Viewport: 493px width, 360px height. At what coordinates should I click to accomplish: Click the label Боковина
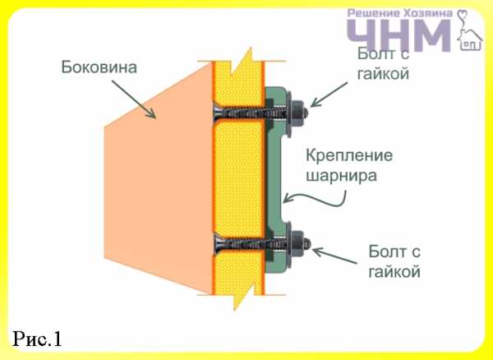[x=99, y=67]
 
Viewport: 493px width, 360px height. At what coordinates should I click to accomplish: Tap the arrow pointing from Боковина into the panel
[x=134, y=99]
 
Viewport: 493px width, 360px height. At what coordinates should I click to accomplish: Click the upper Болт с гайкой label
[x=383, y=64]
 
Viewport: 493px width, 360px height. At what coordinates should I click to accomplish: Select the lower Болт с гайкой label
[x=394, y=261]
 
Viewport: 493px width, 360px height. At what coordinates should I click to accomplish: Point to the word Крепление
[x=349, y=155]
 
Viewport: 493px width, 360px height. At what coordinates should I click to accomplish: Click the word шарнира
[x=341, y=176]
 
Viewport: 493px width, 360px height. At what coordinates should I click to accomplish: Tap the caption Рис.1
[x=37, y=339]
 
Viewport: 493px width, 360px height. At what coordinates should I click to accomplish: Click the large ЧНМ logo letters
[x=399, y=35]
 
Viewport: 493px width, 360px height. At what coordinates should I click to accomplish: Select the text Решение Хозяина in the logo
[x=400, y=13]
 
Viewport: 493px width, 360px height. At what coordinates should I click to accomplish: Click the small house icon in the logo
[x=470, y=39]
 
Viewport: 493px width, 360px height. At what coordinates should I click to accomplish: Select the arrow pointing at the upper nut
[x=329, y=95]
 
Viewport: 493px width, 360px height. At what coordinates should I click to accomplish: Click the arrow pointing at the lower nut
[x=334, y=255]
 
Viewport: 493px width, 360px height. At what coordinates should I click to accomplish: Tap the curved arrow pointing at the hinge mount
[x=315, y=199]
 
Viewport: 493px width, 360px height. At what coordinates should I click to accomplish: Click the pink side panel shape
[x=159, y=178]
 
